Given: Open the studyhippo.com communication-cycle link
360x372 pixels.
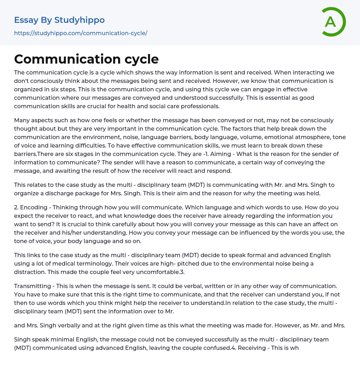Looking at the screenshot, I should (x=81, y=33).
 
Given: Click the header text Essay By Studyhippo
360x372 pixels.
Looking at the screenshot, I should (x=59, y=20).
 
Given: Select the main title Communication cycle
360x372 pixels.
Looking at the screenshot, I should (x=86, y=59).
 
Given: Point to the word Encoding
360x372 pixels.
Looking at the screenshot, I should (x=34, y=207).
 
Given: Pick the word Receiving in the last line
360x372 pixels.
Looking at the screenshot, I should (x=252, y=348).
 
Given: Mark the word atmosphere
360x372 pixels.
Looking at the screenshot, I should (x=295, y=137).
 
